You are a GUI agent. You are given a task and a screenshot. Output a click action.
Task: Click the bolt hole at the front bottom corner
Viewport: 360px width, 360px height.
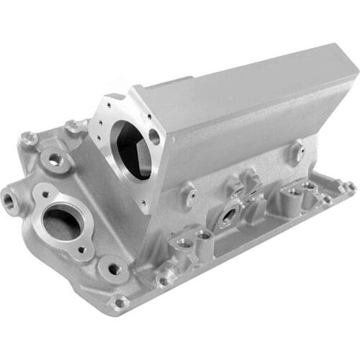tap(119, 302)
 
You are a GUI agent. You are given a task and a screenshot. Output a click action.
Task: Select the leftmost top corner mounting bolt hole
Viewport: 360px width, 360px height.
tap(29, 138)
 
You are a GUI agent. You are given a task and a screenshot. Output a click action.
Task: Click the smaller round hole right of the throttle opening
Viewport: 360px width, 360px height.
tap(154, 136)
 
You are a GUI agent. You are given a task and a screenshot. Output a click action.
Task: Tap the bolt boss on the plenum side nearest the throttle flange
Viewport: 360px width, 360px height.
tap(189, 194)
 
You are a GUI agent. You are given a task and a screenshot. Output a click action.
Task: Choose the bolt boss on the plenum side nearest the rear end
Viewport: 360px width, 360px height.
tap(296, 151)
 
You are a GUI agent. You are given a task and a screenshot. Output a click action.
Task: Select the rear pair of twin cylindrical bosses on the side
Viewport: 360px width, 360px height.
tap(300, 191)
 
